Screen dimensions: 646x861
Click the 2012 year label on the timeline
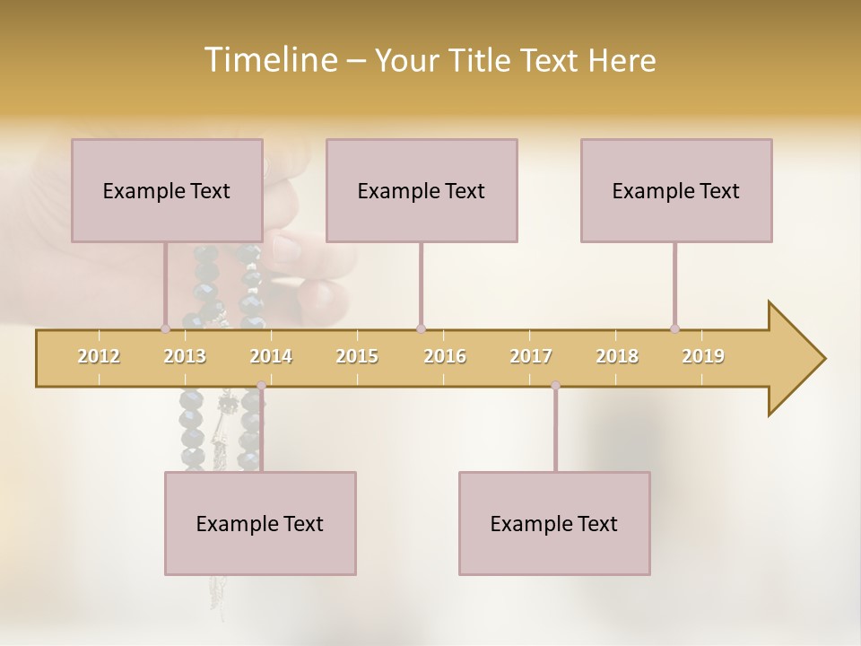point(99,356)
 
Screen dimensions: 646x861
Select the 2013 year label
point(185,356)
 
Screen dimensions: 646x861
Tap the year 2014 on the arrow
point(271,356)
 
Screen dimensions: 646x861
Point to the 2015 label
point(357,356)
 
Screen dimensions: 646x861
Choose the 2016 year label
point(445,356)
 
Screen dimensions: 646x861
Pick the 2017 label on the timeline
point(531,356)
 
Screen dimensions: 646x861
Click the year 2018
point(617,356)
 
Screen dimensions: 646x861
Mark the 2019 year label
point(703,356)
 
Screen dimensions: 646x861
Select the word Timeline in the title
point(269,60)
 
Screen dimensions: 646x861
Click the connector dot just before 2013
point(165,328)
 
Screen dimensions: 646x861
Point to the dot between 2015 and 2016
point(421,328)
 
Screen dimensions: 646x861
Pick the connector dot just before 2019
point(675,328)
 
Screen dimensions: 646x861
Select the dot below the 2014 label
point(261,386)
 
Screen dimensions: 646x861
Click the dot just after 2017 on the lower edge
point(555,386)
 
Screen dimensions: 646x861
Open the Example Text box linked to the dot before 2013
point(167,190)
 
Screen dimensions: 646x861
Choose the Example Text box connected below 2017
point(554,523)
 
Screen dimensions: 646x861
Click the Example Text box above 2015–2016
point(422,190)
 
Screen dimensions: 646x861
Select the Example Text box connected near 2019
point(676,190)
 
